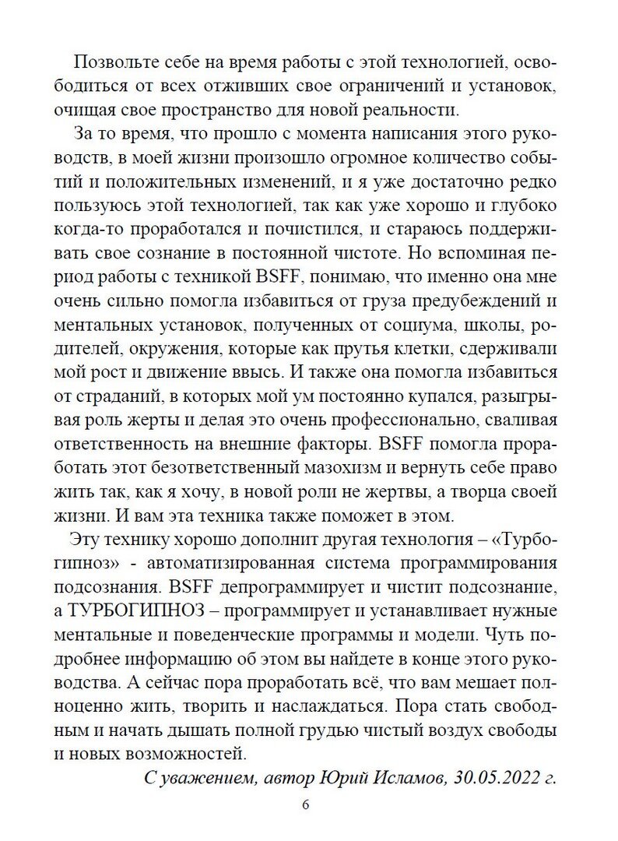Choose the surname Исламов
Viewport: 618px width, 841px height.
418,778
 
